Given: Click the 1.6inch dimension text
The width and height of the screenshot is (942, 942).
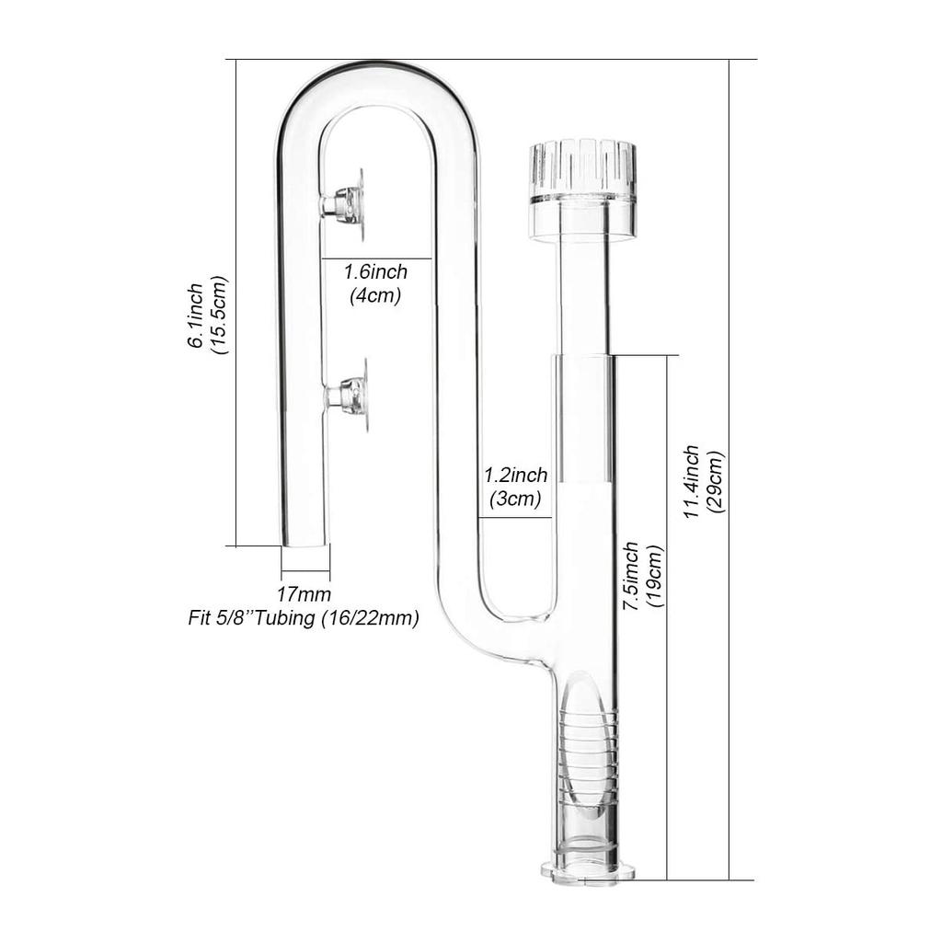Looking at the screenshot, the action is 375,273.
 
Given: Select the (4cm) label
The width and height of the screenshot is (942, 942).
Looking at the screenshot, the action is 375,296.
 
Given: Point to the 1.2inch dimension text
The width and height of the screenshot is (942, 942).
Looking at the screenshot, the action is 515,476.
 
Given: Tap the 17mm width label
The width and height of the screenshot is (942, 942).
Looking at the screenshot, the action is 304,595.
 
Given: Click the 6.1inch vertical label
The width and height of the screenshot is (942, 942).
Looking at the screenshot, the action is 196,315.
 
